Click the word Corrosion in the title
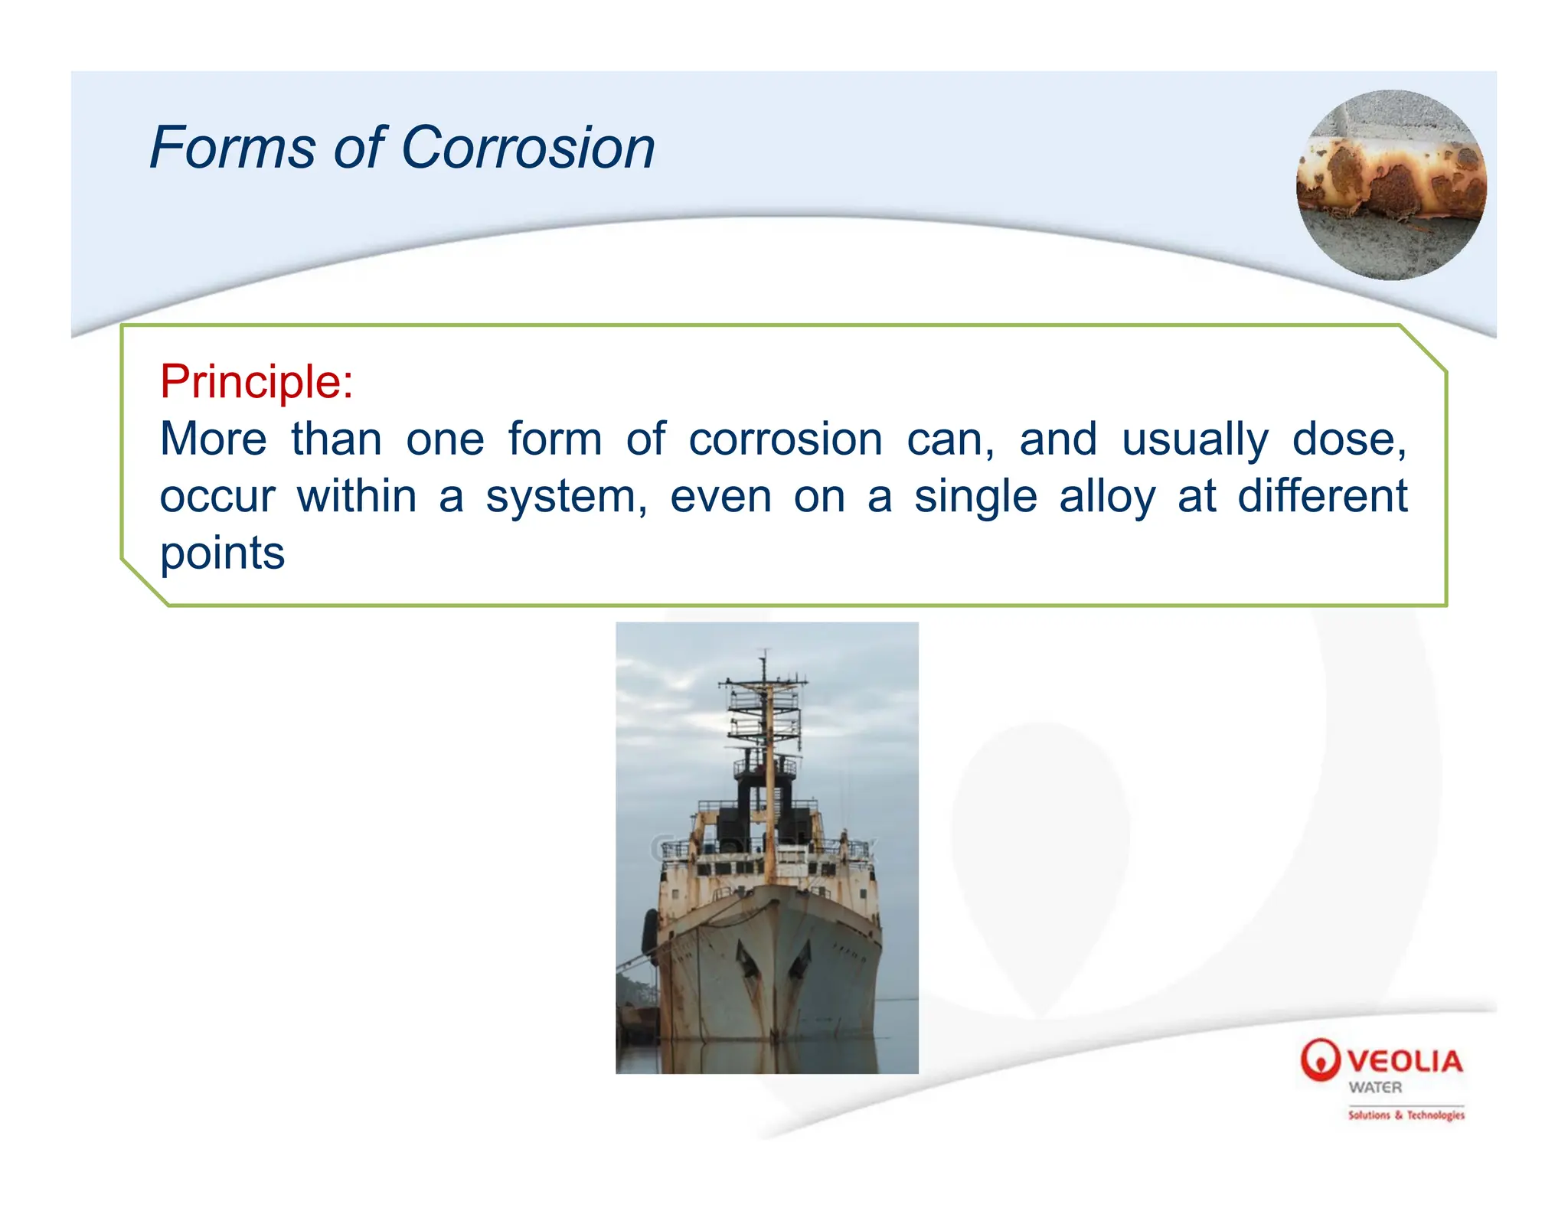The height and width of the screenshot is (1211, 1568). coord(528,147)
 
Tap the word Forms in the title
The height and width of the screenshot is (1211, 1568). coord(232,147)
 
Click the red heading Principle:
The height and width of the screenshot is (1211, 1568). coord(256,381)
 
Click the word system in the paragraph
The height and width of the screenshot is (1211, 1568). coord(565,498)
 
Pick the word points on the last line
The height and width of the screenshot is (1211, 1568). coord(222,554)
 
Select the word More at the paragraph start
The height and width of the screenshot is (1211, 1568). coord(213,439)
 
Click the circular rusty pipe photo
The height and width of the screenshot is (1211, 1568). coord(1390,185)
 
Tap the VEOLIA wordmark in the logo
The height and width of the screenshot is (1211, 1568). coord(1405,1061)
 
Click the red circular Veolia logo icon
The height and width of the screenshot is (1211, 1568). coord(1320,1059)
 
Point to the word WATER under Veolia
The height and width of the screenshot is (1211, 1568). coord(1375,1087)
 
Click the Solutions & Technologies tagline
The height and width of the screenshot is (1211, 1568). coord(1406,1115)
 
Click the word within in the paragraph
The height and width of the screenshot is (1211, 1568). coord(357,496)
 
